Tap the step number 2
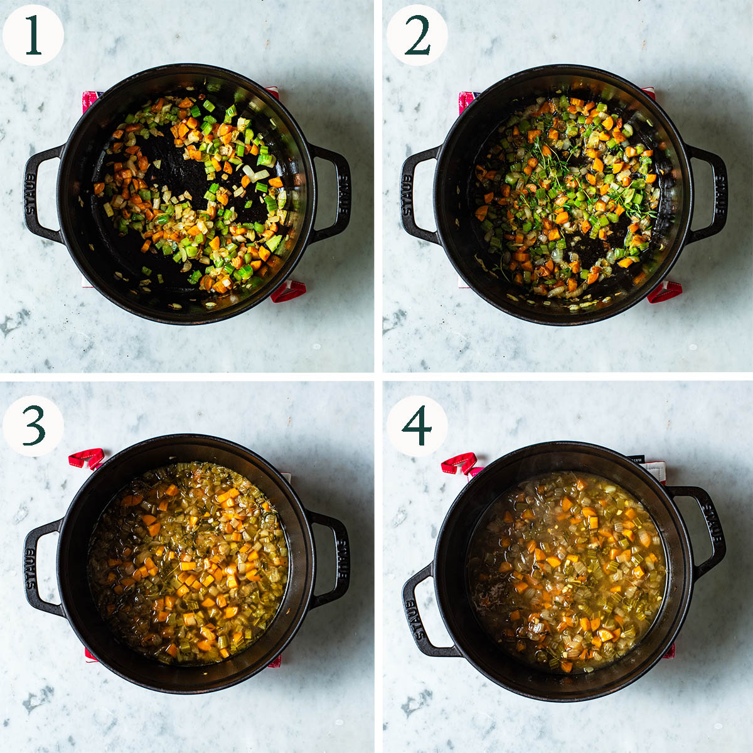(417, 35)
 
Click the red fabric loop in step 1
(289, 291)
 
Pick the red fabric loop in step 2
(665, 291)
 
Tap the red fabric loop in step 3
(87, 458)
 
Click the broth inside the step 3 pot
(188, 563)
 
